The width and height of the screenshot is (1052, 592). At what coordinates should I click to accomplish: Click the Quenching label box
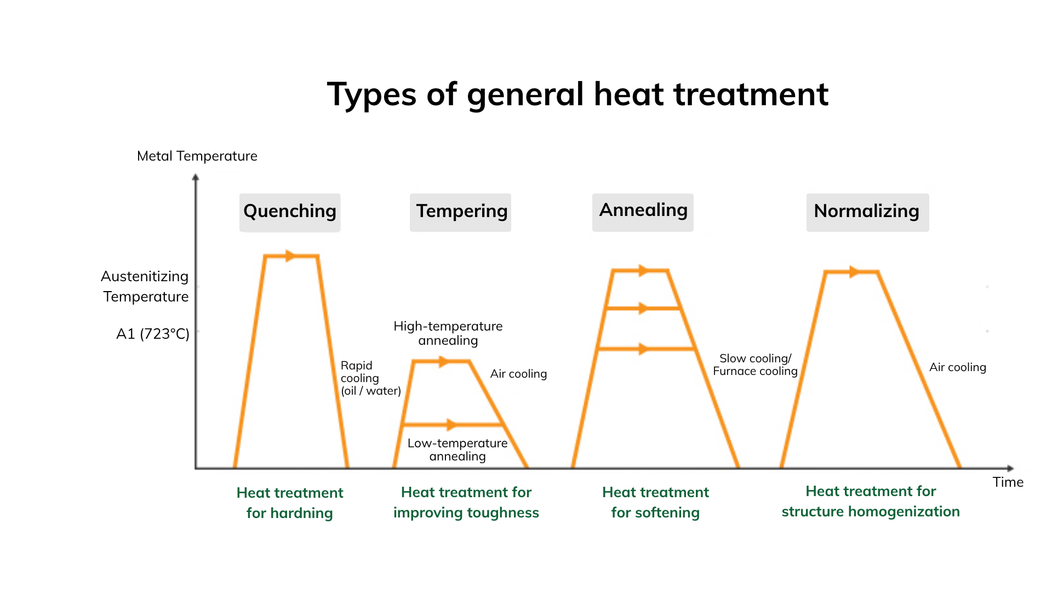(x=290, y=212)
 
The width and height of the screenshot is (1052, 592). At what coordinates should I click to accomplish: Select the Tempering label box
(x=460, y=212)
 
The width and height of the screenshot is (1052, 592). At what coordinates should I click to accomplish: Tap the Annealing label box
(x=643, y=212)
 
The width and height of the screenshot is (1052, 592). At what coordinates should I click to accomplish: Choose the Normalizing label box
(x=867, y=212)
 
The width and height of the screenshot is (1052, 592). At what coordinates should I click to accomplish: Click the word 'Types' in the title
(x=371, y=95)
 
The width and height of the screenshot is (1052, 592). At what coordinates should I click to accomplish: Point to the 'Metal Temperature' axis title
(x=197, y=156)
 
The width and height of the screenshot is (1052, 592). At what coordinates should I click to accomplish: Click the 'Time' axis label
(x=1008, y=482)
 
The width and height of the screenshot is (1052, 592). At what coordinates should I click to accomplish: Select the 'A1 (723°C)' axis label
(x=153, y=334)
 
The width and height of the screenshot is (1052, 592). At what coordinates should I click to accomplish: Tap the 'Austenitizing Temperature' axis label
(x=145, y=286)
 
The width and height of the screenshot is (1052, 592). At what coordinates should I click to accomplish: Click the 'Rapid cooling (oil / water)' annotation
(x=371, y=378)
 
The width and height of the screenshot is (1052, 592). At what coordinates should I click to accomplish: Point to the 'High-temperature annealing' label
(x=448, y=333)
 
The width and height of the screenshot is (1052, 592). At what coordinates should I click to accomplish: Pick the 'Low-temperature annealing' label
(x=458, y=449)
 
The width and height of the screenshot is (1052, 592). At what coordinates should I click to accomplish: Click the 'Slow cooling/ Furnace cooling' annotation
(x=755, y=365)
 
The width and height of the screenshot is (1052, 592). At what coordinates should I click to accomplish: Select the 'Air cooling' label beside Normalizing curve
(x=958, y=367)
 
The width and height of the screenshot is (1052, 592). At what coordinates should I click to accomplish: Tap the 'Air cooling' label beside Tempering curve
(x=518, y=374)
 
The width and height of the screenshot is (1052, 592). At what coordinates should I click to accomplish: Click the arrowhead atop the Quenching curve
(x=290, y=256)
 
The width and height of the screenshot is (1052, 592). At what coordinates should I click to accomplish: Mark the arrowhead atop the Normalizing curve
(x=854, y=271)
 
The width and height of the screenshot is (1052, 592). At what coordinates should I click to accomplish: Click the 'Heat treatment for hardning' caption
(x=290, y=503)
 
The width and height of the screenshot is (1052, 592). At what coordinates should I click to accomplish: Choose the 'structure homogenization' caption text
(x=871, y=511)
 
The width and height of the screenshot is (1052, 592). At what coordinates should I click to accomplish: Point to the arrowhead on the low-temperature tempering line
(x=451, y=424)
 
